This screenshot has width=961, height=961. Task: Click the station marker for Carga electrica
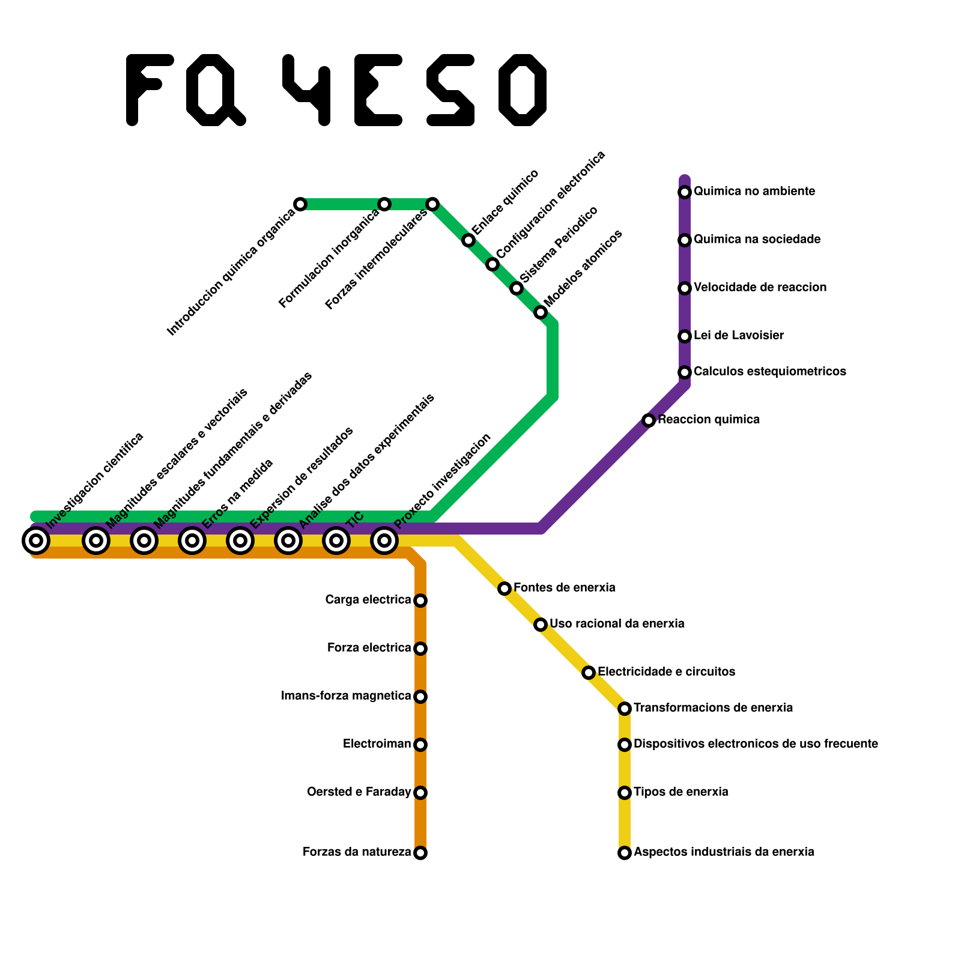[420, 601]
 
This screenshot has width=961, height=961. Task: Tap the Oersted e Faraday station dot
[420, 793]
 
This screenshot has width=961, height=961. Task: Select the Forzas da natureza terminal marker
[420, 853]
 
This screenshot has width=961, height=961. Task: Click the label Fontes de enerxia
[564, 587]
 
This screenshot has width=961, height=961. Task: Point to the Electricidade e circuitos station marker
[589, 673]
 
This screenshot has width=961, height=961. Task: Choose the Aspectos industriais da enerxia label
[724, 852]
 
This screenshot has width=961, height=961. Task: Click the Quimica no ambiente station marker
[685, 192]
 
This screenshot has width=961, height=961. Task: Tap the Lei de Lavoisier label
[738, 335]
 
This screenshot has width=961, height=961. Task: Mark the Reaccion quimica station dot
[649, 420]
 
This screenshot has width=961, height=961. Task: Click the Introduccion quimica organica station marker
[300, 204]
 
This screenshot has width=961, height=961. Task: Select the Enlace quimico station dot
[468, 240]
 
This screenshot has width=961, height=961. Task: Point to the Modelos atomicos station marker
[541, 312]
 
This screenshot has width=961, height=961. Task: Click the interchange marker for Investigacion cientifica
[36, 541]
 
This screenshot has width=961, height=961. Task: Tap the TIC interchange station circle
[336, 541]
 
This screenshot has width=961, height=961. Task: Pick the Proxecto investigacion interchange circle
[384, 541]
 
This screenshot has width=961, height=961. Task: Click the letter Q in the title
[215, 90]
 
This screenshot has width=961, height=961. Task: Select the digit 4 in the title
[308, 90]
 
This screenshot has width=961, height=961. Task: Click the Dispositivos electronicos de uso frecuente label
[756, 744]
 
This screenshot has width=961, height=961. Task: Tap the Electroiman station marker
[420, 745]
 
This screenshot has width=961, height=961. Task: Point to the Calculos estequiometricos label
[769, 371]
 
